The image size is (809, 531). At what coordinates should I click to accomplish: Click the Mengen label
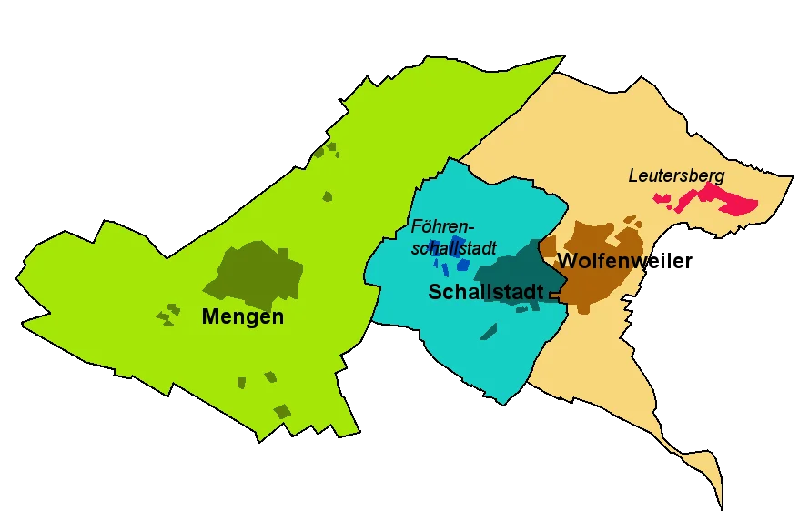pyautogui.click(x=243, y=316)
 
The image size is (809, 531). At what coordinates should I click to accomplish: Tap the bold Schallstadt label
pyautogui.click(x=486, y=292)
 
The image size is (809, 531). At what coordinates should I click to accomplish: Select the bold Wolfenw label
pyautogui.click(x=602, y=262)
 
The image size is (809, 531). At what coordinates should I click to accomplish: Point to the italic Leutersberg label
pyautogui.click(x=676, y=175)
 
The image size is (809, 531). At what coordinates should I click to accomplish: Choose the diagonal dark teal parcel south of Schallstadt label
pyautogui.click(x=489, y=331)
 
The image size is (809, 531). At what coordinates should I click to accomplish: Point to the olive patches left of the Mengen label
pyautogui.click(x=166, y=315)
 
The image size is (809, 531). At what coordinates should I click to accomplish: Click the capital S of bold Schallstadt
pyautogui.click(x=436, y=292)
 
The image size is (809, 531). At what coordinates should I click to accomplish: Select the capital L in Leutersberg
pyautogui.click(x=633, y=175)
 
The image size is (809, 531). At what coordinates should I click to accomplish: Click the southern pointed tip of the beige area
pyautogui.click(x=721, y=506)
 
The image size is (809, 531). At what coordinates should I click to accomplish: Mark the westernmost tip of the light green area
pyautogui.click(x=17, y=274)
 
